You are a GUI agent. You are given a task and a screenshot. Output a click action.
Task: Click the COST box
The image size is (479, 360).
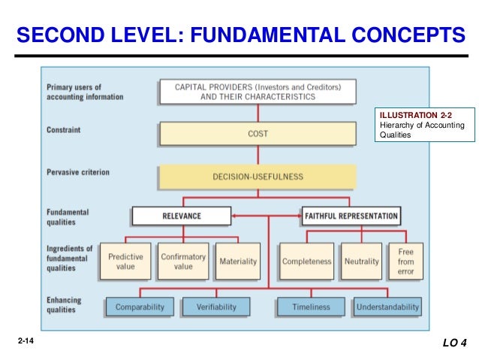pyautogui.click(x=258, y=135)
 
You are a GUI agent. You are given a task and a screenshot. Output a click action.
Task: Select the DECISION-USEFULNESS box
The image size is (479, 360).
pyautogui.click(x=258, y=177)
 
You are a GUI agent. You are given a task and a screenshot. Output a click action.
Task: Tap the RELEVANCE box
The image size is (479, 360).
pyautogui.click(x=182, y=216)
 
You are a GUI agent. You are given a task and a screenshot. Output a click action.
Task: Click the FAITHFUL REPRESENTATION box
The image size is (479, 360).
pyautogui.click(x=351, y=216)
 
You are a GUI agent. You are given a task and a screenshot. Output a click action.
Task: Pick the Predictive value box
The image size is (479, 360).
pyautogui.click(x=125, y=262)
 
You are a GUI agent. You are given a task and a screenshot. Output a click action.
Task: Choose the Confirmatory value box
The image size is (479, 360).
pyautogui.click(x=183, y=262)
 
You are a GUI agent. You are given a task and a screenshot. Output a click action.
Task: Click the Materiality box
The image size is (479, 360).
pyautogui.click(x=238, y=262)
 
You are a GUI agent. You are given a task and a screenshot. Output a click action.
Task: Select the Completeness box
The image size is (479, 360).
pyautogui.click(x=306, y=262)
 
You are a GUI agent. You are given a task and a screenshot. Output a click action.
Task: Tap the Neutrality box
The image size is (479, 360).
pyautogui.click(x=361, y=262)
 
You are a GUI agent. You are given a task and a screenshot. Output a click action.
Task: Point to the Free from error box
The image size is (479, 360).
pyautogui.click(x=405, y=262)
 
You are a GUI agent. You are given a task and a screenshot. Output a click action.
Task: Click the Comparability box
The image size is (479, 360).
pyautogui.click(x=140, y=307)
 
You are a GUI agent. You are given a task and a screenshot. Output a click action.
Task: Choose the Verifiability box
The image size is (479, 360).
pyautogui.click(x=216, y=307)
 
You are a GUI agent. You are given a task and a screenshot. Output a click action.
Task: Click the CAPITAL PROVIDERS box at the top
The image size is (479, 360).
pyautogui.click(x=258, y=92)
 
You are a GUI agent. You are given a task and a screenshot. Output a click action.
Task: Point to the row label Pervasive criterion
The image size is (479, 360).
pyautogui.click(x=77, y=172)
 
